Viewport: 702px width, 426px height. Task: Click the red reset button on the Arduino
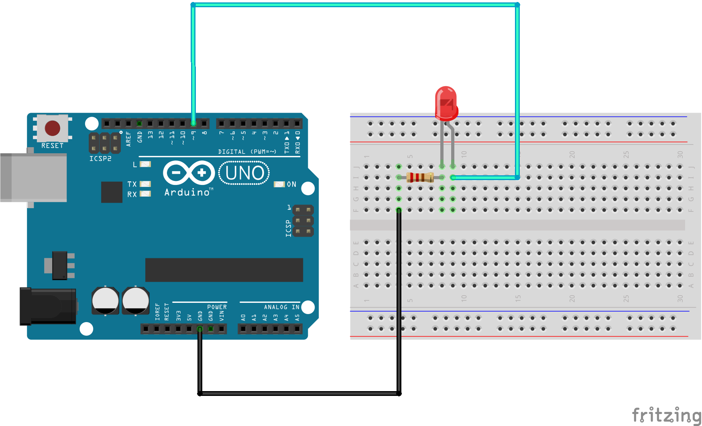tap(52, 128)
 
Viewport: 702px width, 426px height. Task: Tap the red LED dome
tap(446, 102)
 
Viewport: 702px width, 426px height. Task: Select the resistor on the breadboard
tap(420, 177)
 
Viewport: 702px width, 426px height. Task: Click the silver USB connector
tap(34, 177)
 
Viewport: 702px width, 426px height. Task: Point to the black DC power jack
tap(48, 306)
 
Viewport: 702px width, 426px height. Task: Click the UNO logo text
tap(244, 173)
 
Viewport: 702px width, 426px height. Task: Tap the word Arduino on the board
tap(187, 193)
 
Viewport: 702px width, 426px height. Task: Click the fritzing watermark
tap(666, 415)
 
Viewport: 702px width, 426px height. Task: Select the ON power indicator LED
tap(279, 184)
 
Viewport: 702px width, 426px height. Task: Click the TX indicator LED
tap(145, 184)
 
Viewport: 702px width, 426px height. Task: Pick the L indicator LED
tap(145, 164)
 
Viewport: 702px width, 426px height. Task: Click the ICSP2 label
tap(100, 159)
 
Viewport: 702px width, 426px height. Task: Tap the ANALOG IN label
tap(281, 307)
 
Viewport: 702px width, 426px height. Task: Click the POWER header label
tap(217, 307)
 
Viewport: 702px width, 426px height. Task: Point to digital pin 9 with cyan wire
tap(193, 123)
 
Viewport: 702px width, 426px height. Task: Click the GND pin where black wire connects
tap(199, 329)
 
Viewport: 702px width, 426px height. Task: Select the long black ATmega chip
tap(224, 270)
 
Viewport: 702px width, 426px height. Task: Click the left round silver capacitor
tap(105, 300)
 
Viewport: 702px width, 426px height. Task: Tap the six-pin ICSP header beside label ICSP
tap(303, 221)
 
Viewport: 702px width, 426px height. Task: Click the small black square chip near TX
tap(112, 192)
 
